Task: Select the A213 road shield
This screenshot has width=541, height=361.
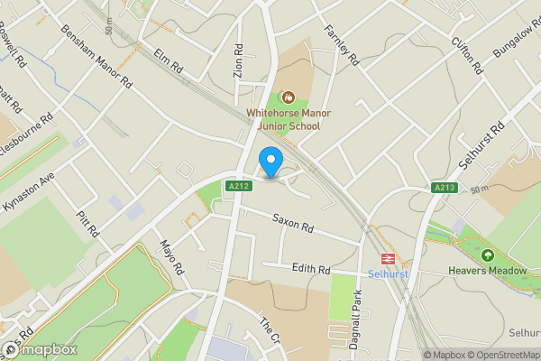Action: [x=443, y=187]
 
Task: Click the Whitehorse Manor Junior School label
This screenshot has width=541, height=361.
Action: [x=283, y=120]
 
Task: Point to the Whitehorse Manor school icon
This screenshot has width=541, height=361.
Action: [x=289, y=97]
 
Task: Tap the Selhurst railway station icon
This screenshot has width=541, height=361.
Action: [x=392, y=258]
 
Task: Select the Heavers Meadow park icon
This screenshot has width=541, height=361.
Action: [x=488, y=256]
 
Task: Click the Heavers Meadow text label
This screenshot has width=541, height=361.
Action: [x=488, y=270]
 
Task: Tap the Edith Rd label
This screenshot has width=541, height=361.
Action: [x=312, y=269]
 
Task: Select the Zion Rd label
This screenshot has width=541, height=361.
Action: [x=238, y=61]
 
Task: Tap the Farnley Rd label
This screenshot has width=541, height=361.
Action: [x=342, y=45]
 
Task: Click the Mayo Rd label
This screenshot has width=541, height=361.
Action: [x=171, y=257]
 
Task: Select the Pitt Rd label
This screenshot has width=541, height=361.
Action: [x=87, y=219]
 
